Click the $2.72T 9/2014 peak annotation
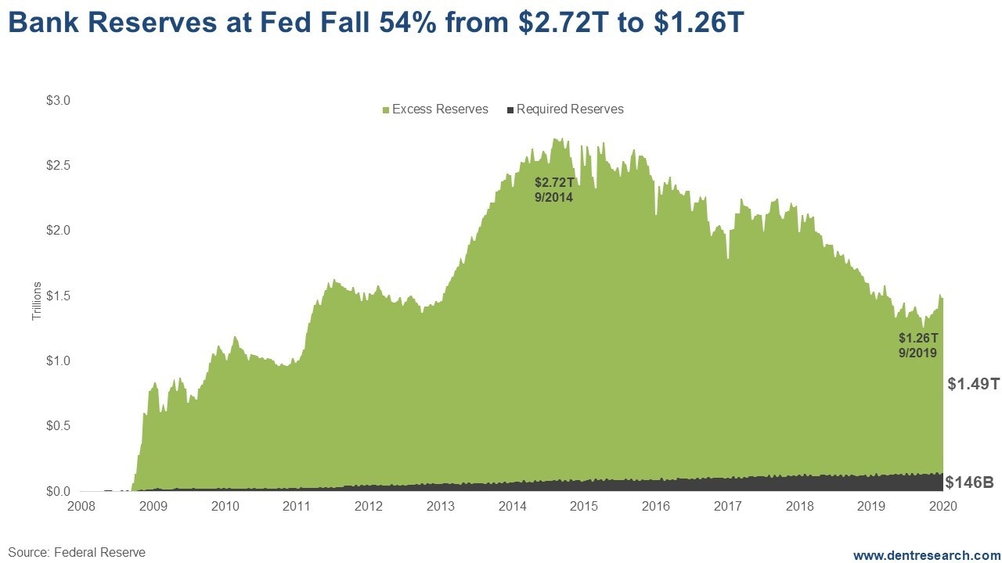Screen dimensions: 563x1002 pos(553,189)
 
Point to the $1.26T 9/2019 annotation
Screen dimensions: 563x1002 pos(917,346)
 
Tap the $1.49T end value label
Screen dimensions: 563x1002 pos(973,384)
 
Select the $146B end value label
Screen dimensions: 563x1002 pos(969,482)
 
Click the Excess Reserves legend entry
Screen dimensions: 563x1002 pos(435,109)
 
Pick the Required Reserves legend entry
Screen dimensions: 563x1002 pos(565,109)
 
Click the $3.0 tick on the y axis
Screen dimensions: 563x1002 pos(58,100)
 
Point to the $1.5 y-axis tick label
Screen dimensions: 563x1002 pos(58,296)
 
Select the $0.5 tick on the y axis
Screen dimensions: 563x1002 pos(58,426)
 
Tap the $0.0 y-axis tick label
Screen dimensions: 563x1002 pos(58,491)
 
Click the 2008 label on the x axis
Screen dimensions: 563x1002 pos(81,506)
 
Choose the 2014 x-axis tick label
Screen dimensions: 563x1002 pos(512,506)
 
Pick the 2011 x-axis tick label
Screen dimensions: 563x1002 pos(297,506)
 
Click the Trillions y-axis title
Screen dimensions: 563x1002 pos(37,301)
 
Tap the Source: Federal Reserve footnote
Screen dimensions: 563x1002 pos(77,552)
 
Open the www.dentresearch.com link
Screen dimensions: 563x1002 pos(926,554)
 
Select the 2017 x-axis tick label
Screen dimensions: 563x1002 pos(727,506)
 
